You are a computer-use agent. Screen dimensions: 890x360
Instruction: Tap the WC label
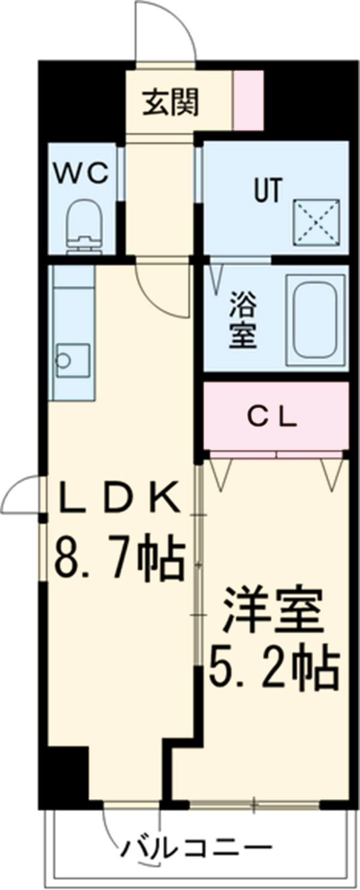point(82,174)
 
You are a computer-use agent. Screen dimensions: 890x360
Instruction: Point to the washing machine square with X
point(316,223)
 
